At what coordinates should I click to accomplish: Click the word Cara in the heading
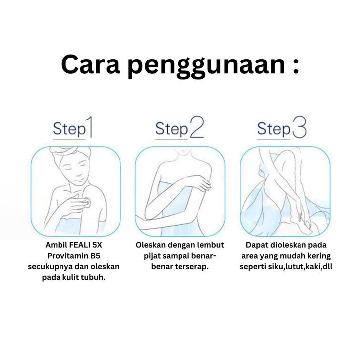click(x=91, y=64)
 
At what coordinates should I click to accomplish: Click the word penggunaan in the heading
click(x=206, y=67)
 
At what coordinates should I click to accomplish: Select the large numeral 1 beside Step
click(x=90, y=127)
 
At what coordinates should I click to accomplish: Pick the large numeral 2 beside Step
click(x=197, y=127)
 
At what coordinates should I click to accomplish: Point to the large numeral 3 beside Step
click(x=300, y=127)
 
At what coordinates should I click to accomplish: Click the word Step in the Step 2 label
click(x=172, y=129)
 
